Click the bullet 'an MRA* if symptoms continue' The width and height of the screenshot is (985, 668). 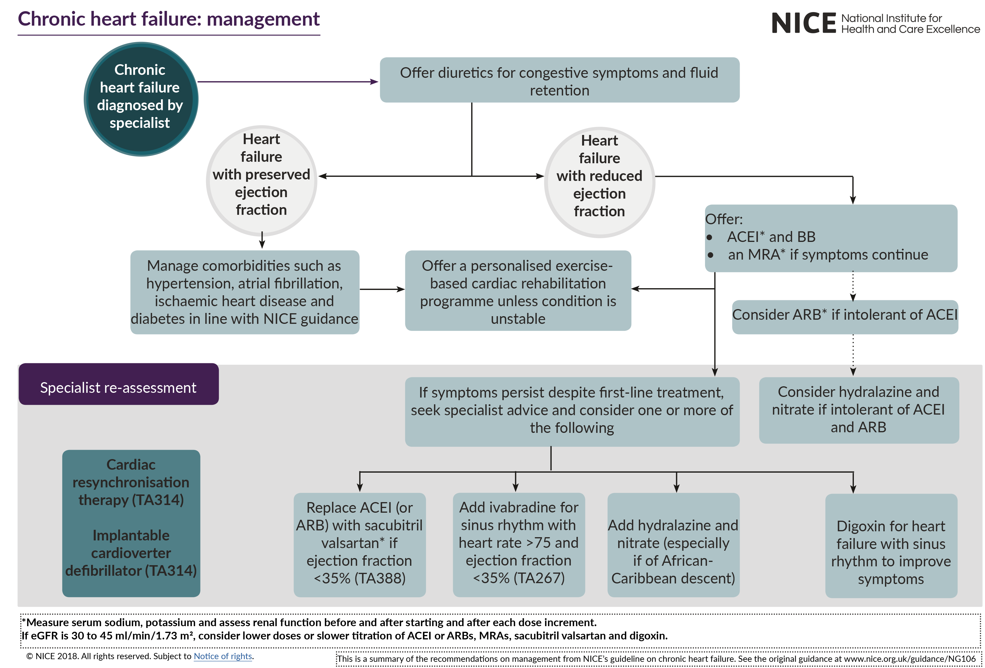827,255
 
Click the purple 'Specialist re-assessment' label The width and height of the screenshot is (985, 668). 118,387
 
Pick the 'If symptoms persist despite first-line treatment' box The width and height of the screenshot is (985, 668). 572,410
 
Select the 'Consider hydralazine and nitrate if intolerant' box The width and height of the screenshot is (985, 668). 858,410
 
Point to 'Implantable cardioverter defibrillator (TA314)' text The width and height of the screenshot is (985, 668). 131,553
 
